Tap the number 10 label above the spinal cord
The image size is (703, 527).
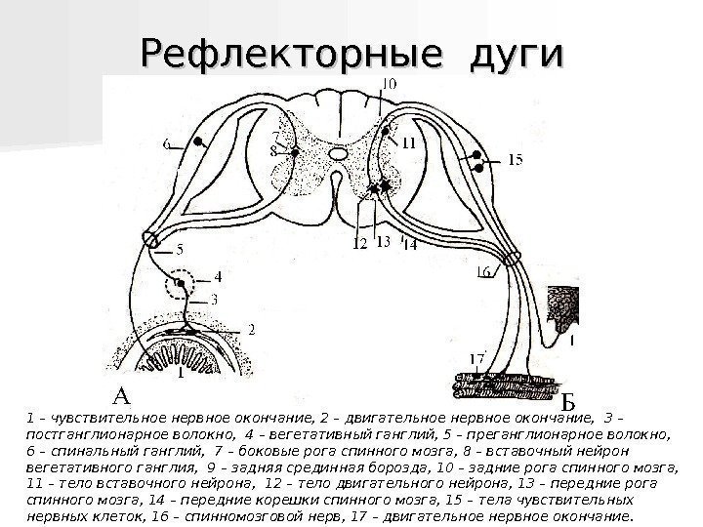(x=388, y=85)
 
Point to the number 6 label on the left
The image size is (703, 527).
(x=167, y=144)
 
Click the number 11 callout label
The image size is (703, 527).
(x=407, y=142)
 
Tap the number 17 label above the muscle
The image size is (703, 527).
(x=476, y=359)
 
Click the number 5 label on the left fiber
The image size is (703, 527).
(x=179, y=249)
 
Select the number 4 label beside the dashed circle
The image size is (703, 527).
(x=218, y=275)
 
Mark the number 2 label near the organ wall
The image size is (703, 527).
(x=250, y=331)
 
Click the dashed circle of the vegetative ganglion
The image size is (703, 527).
(x=181, y=286)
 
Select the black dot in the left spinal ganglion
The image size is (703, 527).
(x=200, y=142)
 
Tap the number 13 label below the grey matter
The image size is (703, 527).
(x=383, y=242)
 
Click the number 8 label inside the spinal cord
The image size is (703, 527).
(x=276, y=150)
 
